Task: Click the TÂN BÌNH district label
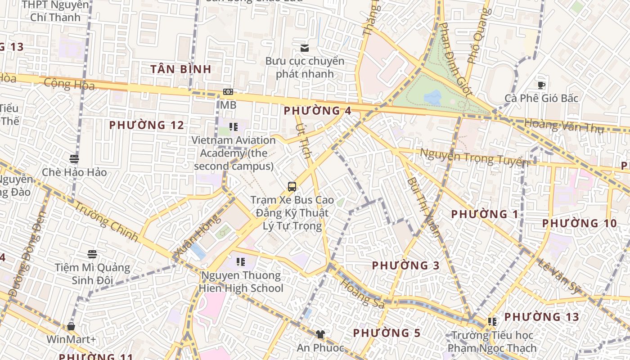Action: pos(181,69)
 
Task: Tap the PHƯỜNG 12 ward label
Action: pos(147,125)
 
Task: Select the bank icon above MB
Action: pos(228,92)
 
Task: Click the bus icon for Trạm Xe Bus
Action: pos(292,186)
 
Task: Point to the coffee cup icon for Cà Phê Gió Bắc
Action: pos(541,85)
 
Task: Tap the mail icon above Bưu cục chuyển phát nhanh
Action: pos(305,48)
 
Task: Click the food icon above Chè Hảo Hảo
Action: pos(74,159)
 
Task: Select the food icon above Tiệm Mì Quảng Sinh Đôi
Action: pos(92,254)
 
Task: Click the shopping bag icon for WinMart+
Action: pos(71,326)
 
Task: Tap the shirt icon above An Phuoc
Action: pos(320,334)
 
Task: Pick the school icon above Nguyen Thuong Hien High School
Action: pos(241,261)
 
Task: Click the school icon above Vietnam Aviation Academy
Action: pos(233,127)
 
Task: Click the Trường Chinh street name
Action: pos(106,222)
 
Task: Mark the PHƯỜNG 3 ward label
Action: pos(405,265)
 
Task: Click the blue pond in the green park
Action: pos(432,97)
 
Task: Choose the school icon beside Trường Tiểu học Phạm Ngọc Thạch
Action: pos(492,322)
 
